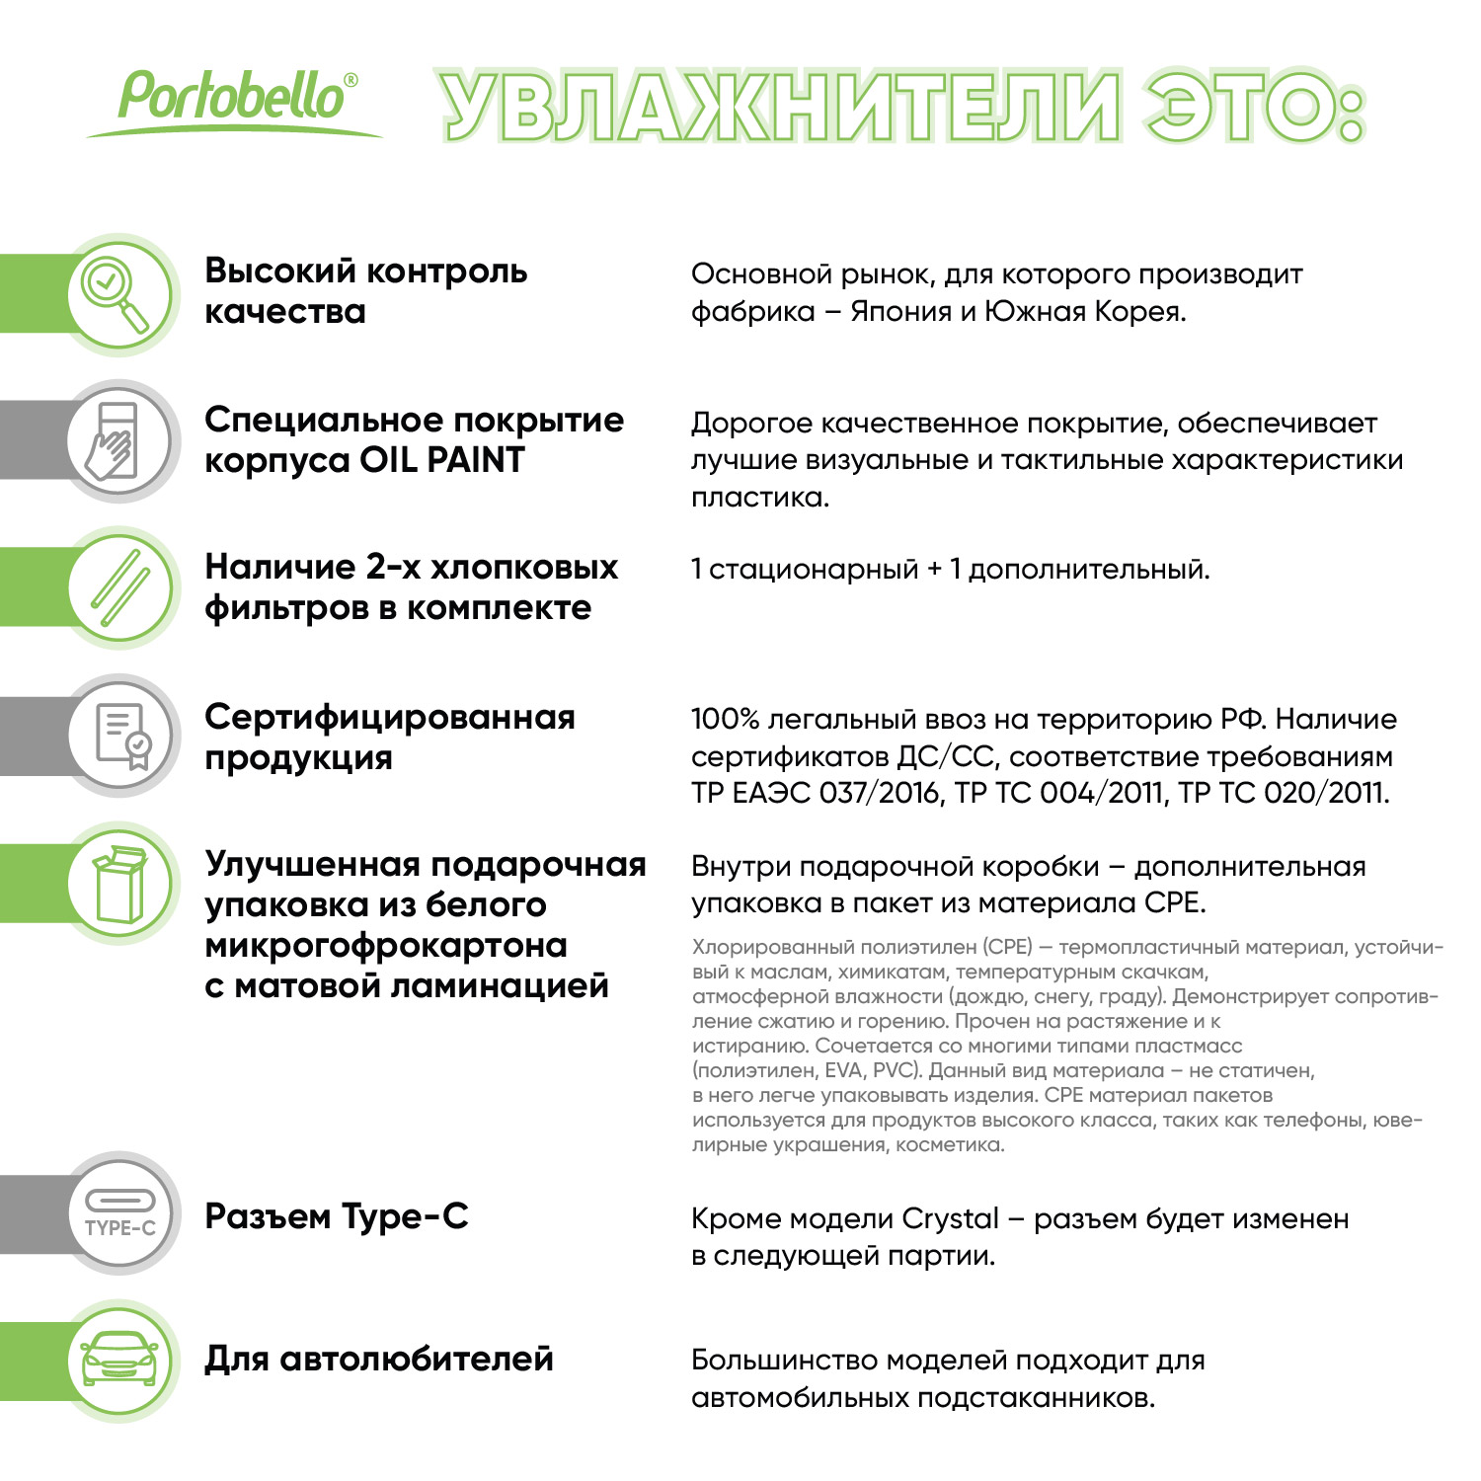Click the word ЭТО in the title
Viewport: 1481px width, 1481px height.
tap(1255, 107)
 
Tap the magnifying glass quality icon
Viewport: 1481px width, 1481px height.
tap(119, 294)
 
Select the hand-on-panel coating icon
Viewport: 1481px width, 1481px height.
tap(119, 441)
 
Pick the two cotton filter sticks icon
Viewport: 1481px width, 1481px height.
tap(119, 588)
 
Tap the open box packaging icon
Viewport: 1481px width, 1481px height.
tap(119, 884)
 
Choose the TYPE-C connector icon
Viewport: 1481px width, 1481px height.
tap(119, 1213)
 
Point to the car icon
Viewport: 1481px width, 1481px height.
tap(119, 1361)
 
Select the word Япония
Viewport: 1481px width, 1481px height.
tap(899, 312)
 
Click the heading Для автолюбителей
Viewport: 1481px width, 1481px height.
tap(379, 1360)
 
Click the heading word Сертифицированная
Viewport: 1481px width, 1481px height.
tap(390, 718)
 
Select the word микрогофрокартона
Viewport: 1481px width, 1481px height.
tap(386, 946)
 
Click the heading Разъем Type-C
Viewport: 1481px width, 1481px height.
tap(337, 1217)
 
